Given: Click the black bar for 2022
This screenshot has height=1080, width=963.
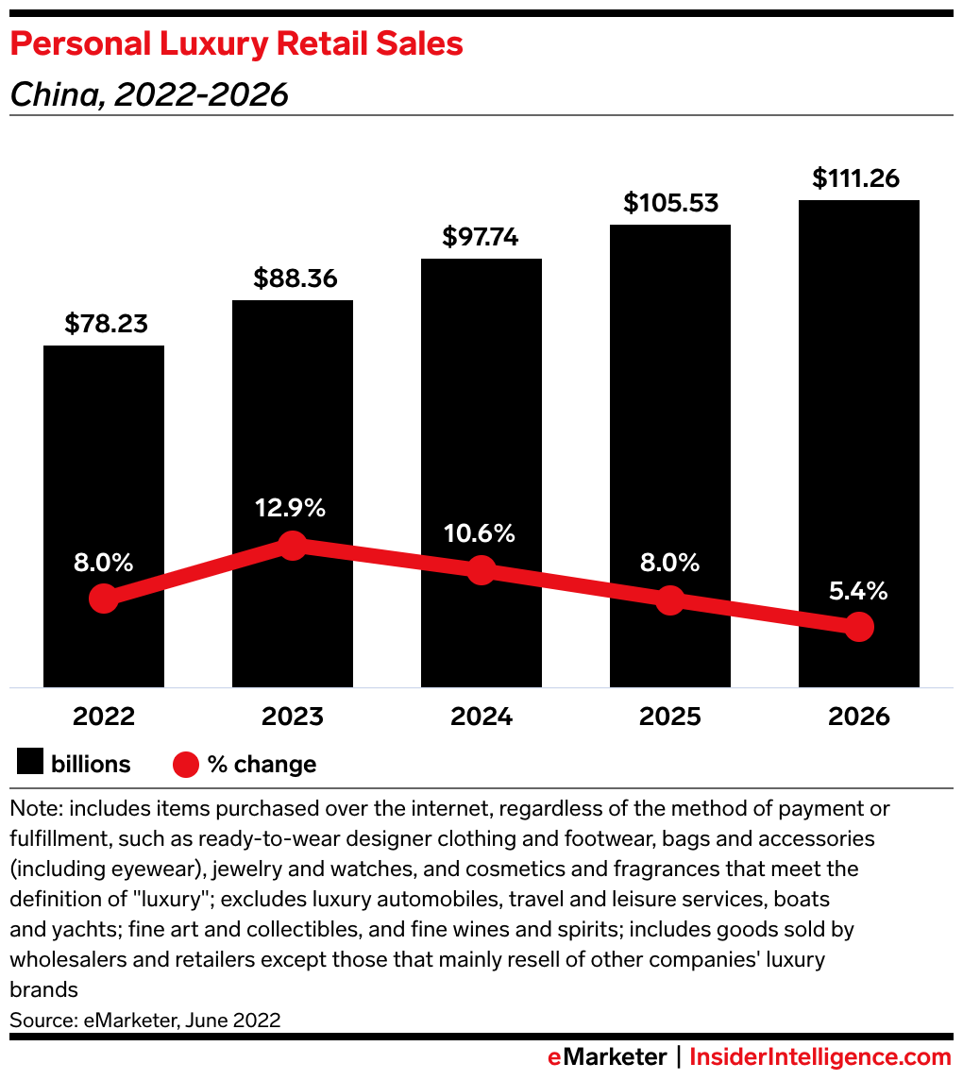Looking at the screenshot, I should (104, 453).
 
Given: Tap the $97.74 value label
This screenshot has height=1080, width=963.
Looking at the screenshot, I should (481, 237).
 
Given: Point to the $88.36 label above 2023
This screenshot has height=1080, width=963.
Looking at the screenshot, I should (295, 278).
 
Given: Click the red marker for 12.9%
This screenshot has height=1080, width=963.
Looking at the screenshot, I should (293, 545).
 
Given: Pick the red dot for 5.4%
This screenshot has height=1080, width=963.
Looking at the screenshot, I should (858, 626).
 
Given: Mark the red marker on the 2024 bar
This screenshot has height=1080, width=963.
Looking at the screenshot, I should (481, 570).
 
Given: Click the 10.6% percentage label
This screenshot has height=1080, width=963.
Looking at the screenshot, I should (480, 533).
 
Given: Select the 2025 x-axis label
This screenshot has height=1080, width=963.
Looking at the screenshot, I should (669, 717).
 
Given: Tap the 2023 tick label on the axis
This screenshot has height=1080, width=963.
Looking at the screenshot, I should (293, 717).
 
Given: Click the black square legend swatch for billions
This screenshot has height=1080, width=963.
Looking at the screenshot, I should (30, 764).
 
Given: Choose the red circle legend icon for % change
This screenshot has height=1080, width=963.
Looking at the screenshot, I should (186, 764).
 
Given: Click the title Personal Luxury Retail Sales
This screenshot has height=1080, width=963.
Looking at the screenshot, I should (236, 44).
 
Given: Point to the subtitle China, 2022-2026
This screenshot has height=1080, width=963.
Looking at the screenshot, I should (148, 95).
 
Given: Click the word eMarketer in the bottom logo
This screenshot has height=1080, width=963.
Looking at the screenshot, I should (607, 1056).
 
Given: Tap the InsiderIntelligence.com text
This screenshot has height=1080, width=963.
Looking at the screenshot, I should (819, 1056).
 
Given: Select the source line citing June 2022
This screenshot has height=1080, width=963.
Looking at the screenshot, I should (145, 1020).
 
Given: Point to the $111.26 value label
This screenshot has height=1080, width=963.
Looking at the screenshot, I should (858, 177).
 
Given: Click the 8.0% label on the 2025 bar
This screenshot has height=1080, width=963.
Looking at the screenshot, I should (668, 564).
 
